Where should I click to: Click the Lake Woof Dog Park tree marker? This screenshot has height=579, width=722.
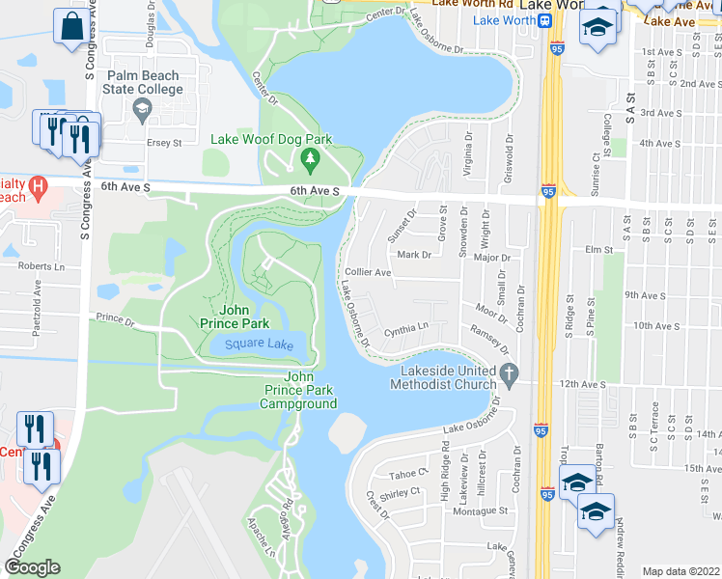pos(310,157)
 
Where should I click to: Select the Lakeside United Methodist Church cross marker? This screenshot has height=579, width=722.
pos(511,372)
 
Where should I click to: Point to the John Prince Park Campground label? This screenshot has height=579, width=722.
pos(297,390)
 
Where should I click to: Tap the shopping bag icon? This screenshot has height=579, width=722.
pos(71,27)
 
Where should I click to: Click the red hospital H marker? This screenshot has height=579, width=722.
pos(38,184)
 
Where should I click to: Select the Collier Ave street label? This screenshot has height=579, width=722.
pos(368,273)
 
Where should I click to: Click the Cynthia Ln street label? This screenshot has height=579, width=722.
pos(405,329)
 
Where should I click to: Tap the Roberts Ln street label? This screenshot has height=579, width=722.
pos(41,265)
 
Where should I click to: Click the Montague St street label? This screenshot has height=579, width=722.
pos(482,510)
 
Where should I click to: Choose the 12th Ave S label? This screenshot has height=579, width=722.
pos(583,384)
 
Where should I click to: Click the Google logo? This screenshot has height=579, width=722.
pos(32,567)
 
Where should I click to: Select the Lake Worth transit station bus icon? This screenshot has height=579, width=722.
pos(545,18)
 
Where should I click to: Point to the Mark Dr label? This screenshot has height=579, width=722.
pos(412,255)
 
